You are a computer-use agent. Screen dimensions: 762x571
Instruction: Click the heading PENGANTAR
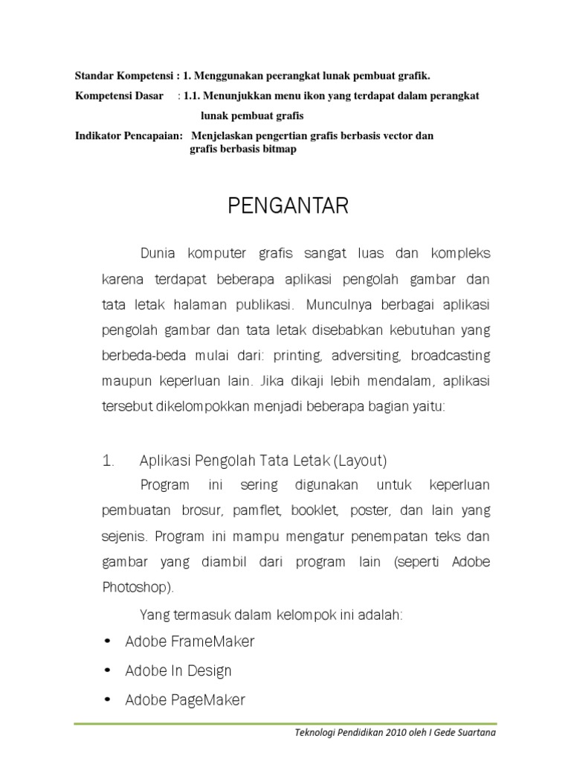(288, 206)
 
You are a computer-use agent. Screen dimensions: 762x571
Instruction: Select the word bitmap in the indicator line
(279, 150)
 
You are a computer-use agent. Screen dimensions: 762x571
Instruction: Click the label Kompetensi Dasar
(119, 96)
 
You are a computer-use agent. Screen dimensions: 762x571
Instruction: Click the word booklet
(315, 511)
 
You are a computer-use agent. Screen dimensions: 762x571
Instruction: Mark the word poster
(370, 511)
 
